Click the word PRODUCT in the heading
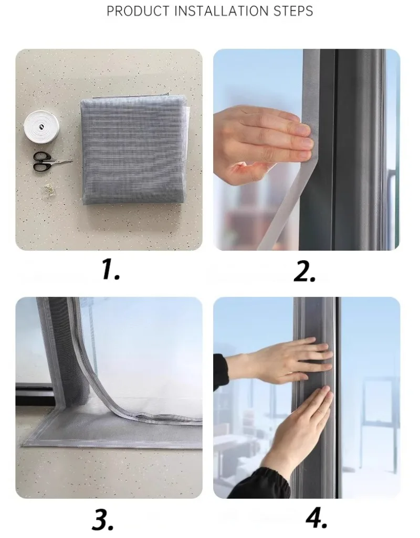pos(138,11)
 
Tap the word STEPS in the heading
pos(293,11)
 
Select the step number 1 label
pos(111,270)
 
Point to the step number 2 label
pos(304,272)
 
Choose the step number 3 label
pos(103,520)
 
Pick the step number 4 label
pos(316,517)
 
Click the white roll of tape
pos(41,125)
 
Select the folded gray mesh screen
pos(134,151)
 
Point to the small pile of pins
pos(49,189)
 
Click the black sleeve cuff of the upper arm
pos(220,372)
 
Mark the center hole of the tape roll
pos(41,127)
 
